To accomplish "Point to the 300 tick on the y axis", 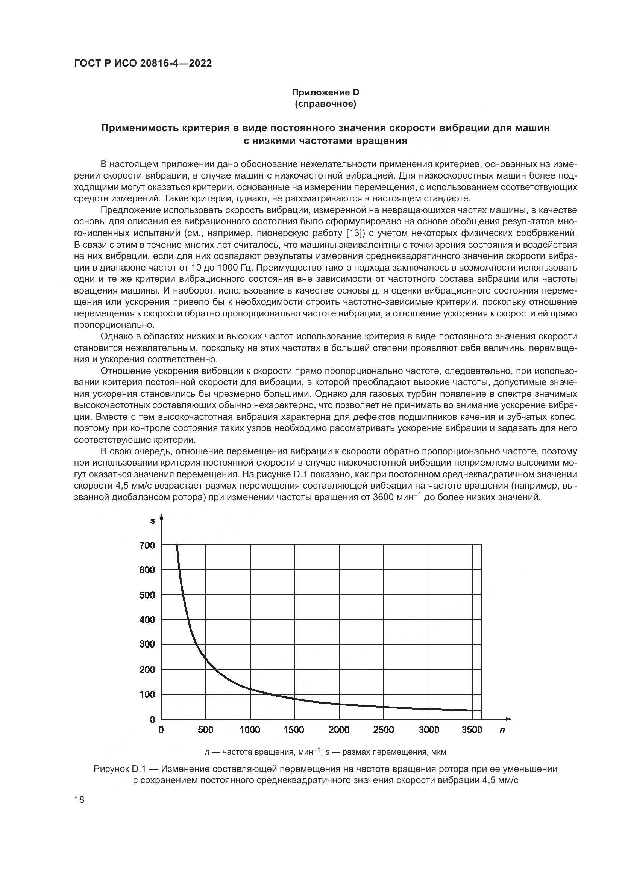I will point(147,644).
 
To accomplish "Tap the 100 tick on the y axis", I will point(147,694).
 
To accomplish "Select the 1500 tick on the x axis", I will point(294,730).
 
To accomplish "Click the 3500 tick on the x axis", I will point(472,730).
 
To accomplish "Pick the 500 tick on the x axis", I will point(206,730).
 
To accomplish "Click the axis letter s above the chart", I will point(153,520).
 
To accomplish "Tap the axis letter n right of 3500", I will point(502,730).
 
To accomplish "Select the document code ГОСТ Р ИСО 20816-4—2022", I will point(143,63).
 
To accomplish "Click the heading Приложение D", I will point(326,92).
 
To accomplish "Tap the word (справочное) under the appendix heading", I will point(326,104).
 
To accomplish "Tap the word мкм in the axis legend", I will point(438,752).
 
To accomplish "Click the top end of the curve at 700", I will point(177,546).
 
